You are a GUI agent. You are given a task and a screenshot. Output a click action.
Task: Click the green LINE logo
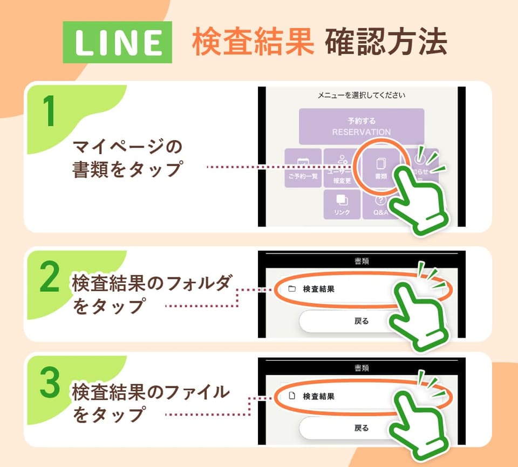pyautogui.click(x=117, y=42)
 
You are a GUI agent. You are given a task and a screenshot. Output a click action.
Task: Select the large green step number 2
pyautogui.click(x=50, y=279)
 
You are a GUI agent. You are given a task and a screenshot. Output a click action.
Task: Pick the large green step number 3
pyautogui.click(x=50, y=384)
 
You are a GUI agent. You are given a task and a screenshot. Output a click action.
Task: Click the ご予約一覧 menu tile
pyautogui.click(x=303, y=168)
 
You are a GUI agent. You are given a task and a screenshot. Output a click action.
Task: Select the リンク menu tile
pyautogui.click(x=342, y=204)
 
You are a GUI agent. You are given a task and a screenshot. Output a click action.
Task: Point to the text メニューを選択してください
pyautogui.click(x=361, y=96)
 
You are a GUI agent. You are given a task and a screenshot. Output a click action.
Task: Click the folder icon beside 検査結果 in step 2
pyautogui.click(x=292, y=289)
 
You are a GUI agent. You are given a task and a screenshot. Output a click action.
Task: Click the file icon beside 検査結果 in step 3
pyautogui.click(x=292, y=396)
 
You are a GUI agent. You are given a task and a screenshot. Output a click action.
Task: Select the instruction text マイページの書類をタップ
pyautogui.click(x=127, y=158)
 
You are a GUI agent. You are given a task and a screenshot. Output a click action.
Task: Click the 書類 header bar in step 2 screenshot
pyautogui.click(x=361, y=261)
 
